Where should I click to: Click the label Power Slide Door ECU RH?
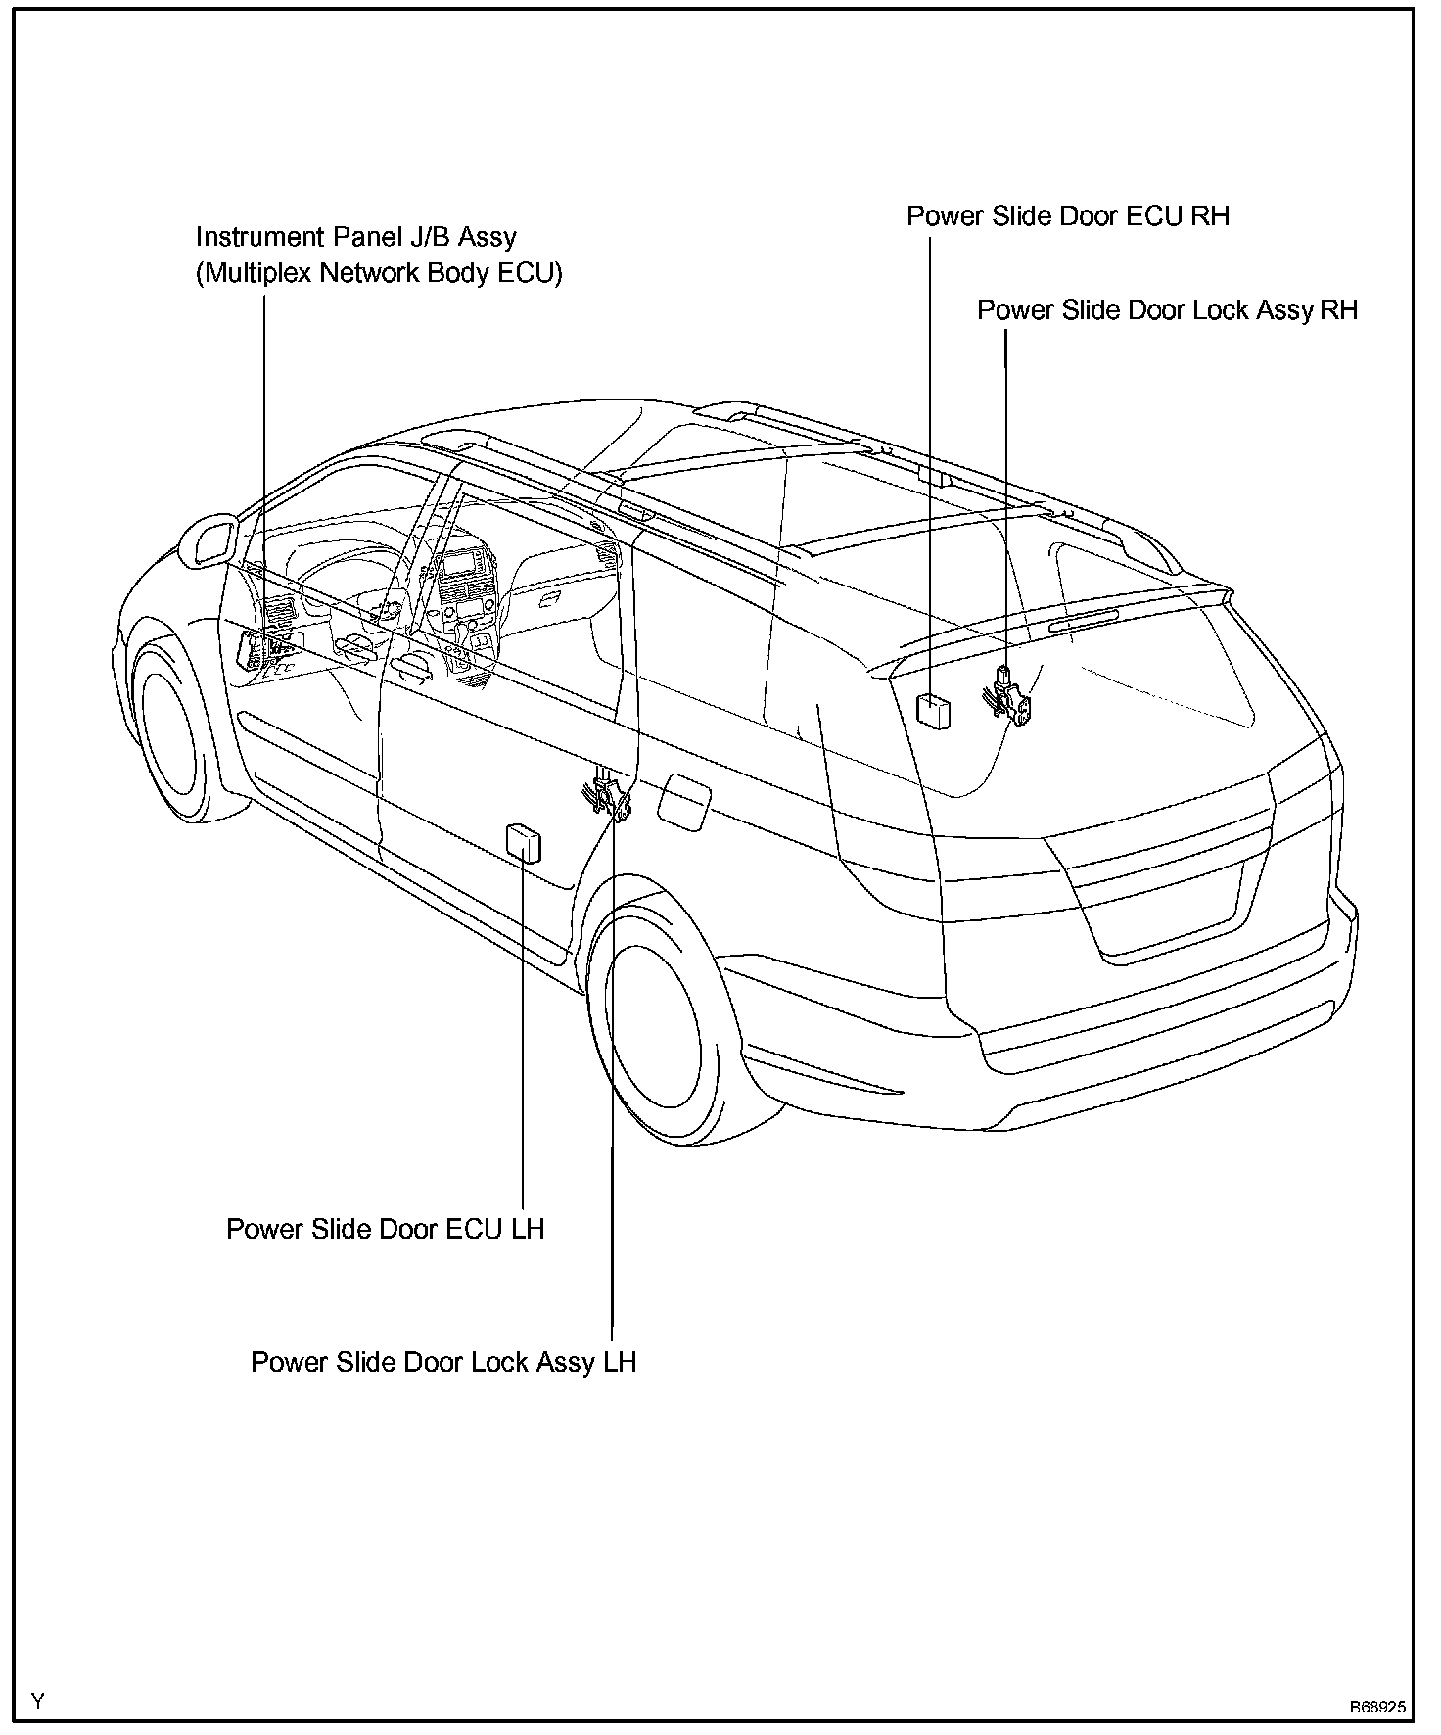(x=1067, y=216)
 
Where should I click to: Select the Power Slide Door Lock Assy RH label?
(x=1167, y=310)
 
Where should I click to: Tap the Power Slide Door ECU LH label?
(x=385, y=1229)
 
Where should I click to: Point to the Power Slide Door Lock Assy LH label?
(x=443, y=1362)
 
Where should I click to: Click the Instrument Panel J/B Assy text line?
(x=356, y=237)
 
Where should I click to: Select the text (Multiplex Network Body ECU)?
(x=379, y=273)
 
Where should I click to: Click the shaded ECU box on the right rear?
(x=932, y=708)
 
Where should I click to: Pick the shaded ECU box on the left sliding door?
(x=524, y=842)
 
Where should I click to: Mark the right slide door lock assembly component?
(x=1008, y=697)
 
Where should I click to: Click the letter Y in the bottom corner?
(x=37, y=1701)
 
